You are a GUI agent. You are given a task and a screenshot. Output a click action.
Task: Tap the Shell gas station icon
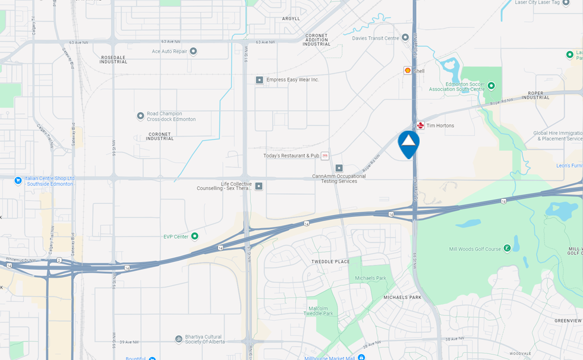[408, 70]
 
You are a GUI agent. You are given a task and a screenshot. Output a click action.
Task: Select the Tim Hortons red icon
[421, 125]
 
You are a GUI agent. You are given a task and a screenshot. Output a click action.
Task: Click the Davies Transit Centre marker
[405, 38]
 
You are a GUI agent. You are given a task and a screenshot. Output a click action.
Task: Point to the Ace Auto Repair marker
[193, 52]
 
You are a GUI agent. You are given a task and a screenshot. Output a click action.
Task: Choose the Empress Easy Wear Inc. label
[292, 80]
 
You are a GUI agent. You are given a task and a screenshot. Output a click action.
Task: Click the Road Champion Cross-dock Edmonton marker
[140, 116]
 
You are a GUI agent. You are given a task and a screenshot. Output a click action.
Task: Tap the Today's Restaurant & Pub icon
[324, 156]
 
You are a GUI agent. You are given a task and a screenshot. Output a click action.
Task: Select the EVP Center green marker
[194, 236]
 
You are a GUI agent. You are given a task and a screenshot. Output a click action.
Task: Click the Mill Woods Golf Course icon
[507, 248]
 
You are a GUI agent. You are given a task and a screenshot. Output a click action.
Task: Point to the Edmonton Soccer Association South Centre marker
[491, 86]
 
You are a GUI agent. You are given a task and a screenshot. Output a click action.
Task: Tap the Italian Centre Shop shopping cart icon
[18, 181]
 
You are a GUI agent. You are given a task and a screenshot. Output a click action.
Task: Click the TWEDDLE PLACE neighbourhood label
[330, 261]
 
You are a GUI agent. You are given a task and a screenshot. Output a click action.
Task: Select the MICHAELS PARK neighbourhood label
[402, 297]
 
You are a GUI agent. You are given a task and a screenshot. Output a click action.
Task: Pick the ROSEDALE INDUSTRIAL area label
[114, 59]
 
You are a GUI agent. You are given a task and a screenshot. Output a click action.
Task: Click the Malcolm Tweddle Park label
[321, 311]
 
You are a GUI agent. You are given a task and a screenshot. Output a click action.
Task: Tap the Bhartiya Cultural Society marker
[179, 339]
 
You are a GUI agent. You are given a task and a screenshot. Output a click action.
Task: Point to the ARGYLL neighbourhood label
[291, 19]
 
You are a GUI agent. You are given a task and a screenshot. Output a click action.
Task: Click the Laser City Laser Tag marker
[566, 2]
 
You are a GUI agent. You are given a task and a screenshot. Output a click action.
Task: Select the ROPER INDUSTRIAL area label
[535, 95]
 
